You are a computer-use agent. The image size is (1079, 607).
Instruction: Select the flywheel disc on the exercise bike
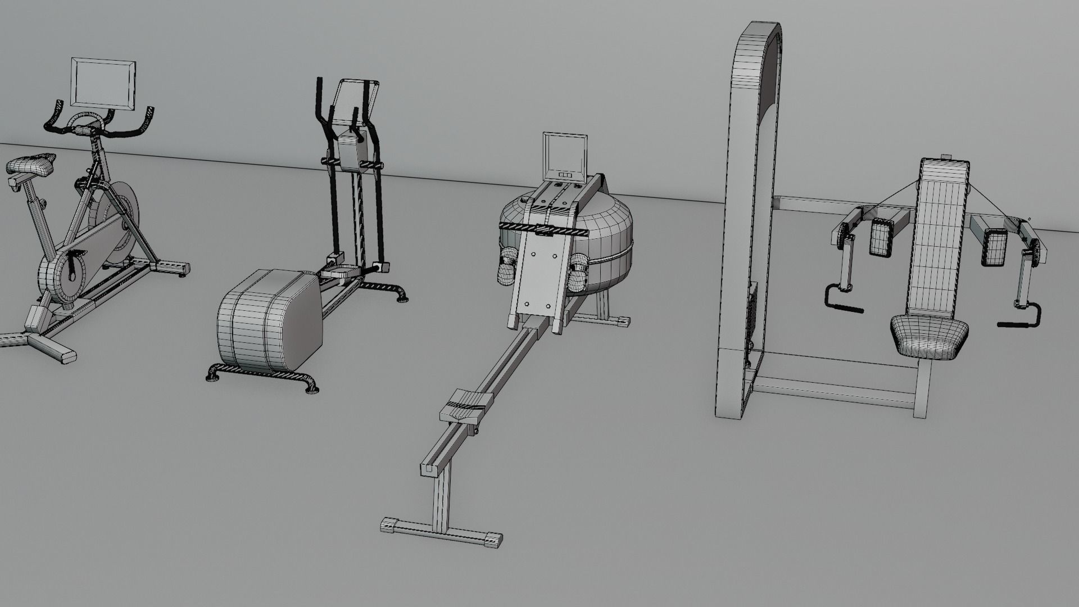[115, 211]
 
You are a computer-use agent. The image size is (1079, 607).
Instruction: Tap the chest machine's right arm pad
[994, 247]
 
